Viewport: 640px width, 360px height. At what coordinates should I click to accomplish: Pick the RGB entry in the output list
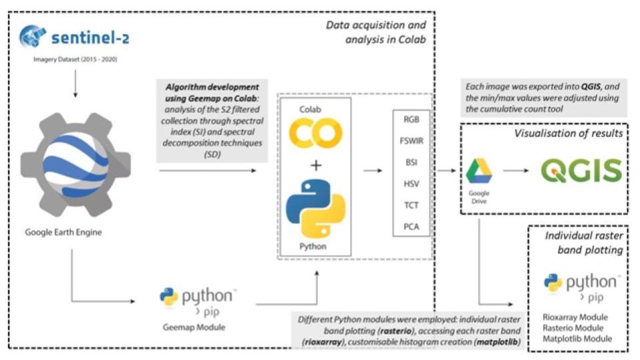pyautogui.click(x=411, y=119)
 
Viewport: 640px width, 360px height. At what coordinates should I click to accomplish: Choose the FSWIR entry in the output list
pyautogui.click(x=411, y=141)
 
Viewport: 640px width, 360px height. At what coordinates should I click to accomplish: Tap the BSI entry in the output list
pyautogui.click(x=411, y=162)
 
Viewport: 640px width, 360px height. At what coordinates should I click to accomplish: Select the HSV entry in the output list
pyautogui.click(x=411, y=183)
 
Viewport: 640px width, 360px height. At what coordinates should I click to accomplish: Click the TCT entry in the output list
pyautogui.click(x=411, y=205)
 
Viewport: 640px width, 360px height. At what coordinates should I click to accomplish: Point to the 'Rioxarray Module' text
pyautogui.click(x=577, y=317)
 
